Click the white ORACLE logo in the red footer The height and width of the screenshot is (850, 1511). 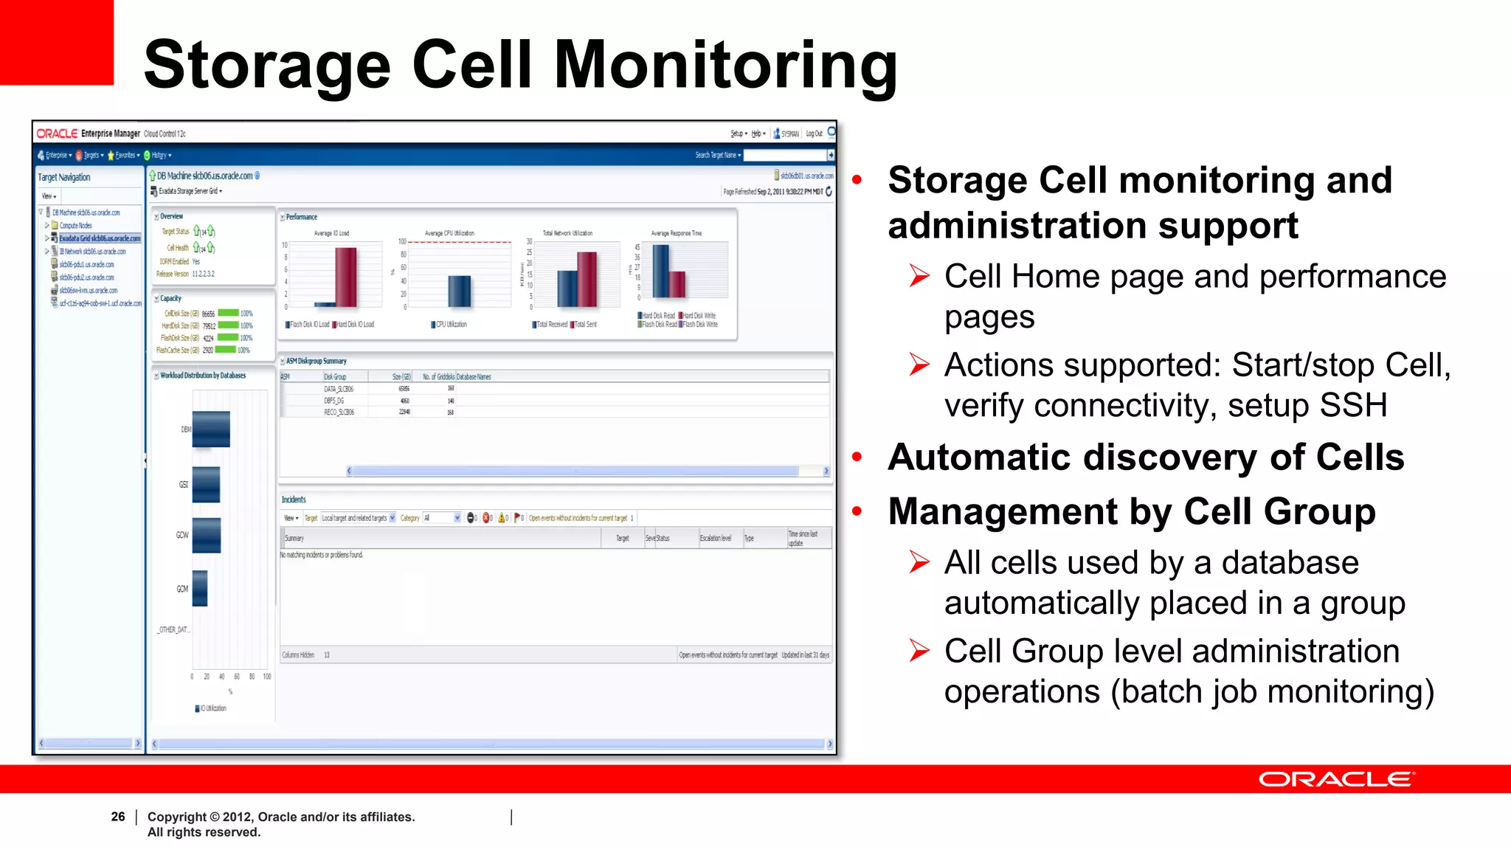[1336, 779]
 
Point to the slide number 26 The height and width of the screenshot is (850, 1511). [118, 816]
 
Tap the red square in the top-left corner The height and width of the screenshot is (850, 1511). [56, 42]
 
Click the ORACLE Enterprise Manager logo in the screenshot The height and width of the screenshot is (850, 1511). [88, 134]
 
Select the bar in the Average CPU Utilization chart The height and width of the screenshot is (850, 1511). [460, 291]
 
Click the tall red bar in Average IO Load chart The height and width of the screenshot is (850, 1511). [345, 277]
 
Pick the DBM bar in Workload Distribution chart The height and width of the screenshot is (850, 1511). [211, 429]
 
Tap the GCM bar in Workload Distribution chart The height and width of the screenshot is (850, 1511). [200, 589]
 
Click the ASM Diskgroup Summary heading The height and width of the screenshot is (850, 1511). [316, 361]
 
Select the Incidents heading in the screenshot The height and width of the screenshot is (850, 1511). [294, 500]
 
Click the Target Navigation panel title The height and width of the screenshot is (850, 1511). [64, 177]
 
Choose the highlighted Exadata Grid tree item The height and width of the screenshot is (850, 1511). [100, 238]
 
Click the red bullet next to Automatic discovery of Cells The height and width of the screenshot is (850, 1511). [857, 457]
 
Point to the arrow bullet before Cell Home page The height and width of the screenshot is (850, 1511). [919, 277]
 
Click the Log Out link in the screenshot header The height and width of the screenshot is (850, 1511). [814, 134]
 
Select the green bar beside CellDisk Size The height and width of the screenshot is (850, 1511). [228, 313]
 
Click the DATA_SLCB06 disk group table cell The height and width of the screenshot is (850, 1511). [339, 388]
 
